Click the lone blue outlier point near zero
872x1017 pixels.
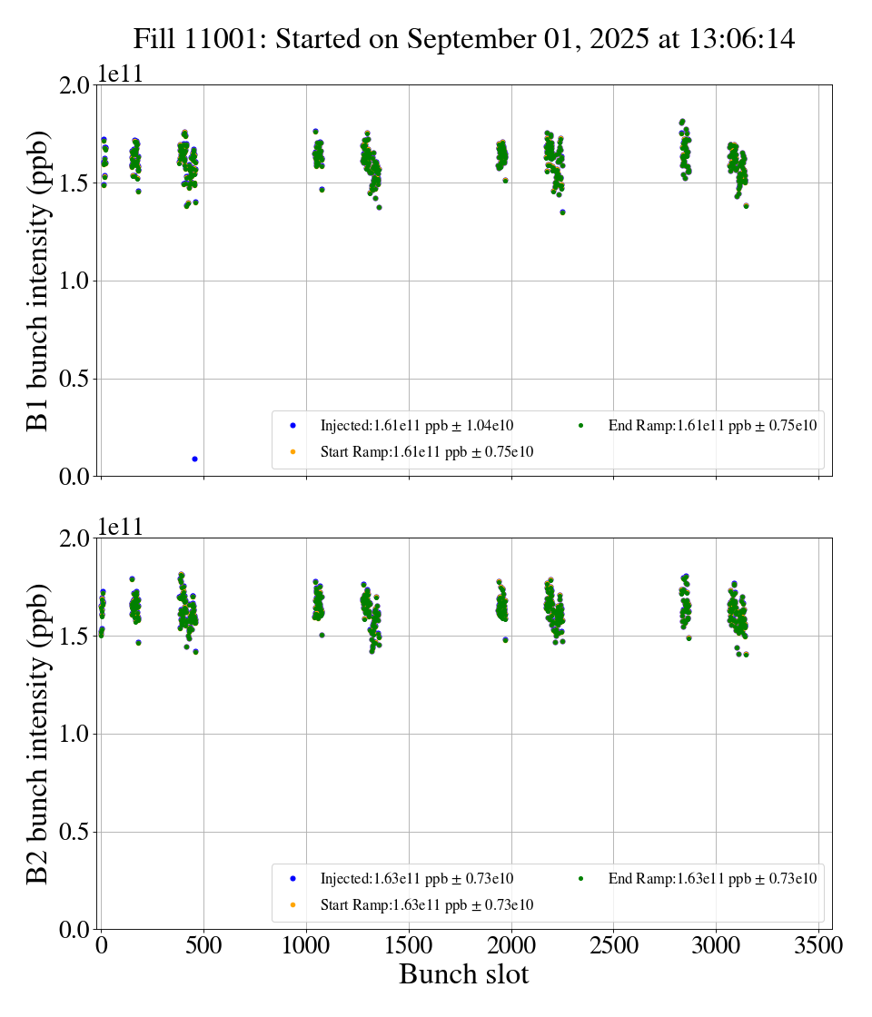tap(194, 459)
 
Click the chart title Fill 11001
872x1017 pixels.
tap(464, 39)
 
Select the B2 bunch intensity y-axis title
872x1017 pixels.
tap(37, 734)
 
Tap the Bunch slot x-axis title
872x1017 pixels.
tap(464, 974)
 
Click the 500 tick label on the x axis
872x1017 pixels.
tap(203, 945)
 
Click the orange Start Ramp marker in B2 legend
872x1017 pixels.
tap(292, 904)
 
